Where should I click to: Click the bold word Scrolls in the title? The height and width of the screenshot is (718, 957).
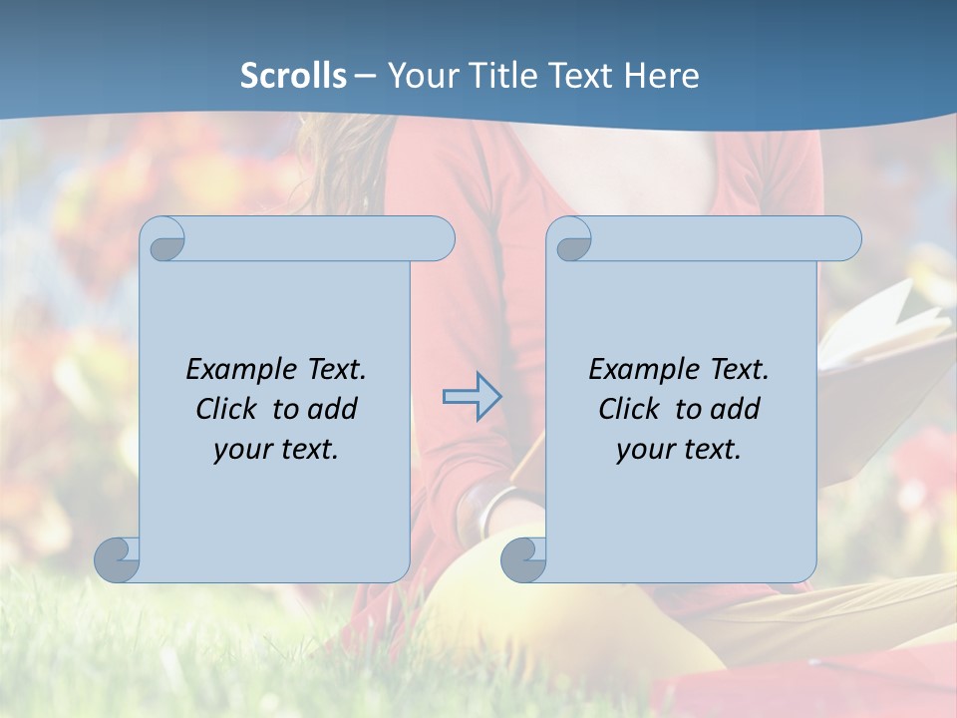pyautogui.click(x=293, y=76)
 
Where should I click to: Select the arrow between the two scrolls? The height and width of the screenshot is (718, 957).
pyautogui.click(x=472, y=397)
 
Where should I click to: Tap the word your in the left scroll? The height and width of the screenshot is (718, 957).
pyautogui.click(x=243, y=449)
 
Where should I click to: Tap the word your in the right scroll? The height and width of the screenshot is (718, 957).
pyautogui.click(x=646, y=449)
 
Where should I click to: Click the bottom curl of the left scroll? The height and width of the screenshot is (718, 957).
pyautogui.click(x=118, y=560)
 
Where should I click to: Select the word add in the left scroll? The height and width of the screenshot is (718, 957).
pyautogui.click(x=333, y=409)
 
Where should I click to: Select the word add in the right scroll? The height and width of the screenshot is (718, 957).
pyautogui.click(x=736, y=409)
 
